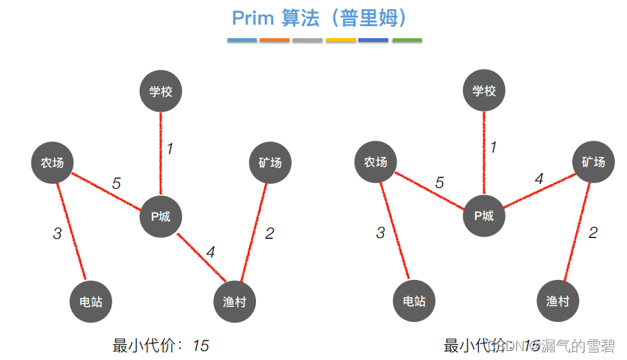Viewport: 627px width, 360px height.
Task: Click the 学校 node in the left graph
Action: click(161, 91)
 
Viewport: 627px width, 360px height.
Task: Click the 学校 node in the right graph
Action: click(484, 91)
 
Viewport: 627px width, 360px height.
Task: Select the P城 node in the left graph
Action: click(161, 216)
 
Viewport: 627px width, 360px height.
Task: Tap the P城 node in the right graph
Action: click(484, 216)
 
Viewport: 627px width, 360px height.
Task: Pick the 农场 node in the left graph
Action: click(52, 162)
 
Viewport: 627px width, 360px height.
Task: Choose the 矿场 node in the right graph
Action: click(593, 162)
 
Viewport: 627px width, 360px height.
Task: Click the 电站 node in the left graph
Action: click(91, 302)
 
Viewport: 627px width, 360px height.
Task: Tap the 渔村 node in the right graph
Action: click(557, 302)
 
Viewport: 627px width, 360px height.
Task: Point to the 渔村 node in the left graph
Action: click(234, 302)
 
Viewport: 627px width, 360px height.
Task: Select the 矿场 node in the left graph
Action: click(270, 162)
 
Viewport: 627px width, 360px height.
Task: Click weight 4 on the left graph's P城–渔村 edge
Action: click(211, 253)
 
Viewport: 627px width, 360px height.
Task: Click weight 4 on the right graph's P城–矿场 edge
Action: click(539, 180)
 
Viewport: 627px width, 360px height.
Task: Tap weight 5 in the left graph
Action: click(116, 183)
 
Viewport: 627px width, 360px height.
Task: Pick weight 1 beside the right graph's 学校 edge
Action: click(493, 148)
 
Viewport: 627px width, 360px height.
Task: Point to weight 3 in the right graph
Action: click(380, 234)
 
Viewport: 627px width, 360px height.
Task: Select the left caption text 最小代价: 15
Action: click(161, 346)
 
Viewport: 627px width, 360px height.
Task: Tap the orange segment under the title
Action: click(275, 40)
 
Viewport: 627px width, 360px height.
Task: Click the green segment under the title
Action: click(406, 40)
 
